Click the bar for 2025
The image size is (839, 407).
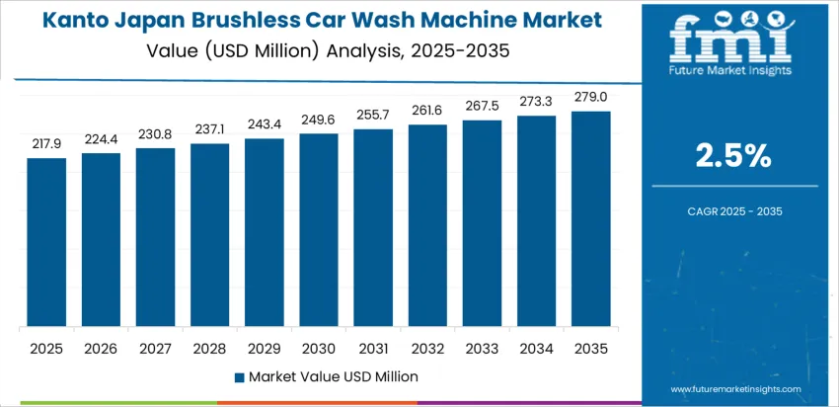click(46, 242)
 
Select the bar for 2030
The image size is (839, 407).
click(319, 230)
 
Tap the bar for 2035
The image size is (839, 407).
click(591, 218)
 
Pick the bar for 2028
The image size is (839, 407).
click(209, 235)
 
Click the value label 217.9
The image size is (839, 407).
click(46, 143)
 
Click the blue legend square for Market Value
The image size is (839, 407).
click(239, 376)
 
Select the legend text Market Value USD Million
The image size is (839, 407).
click(333, 376)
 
